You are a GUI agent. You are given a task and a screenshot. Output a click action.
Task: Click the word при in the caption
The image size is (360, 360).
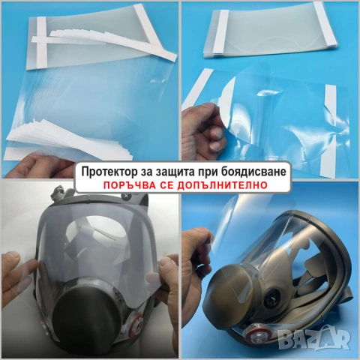tap(215, 172)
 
